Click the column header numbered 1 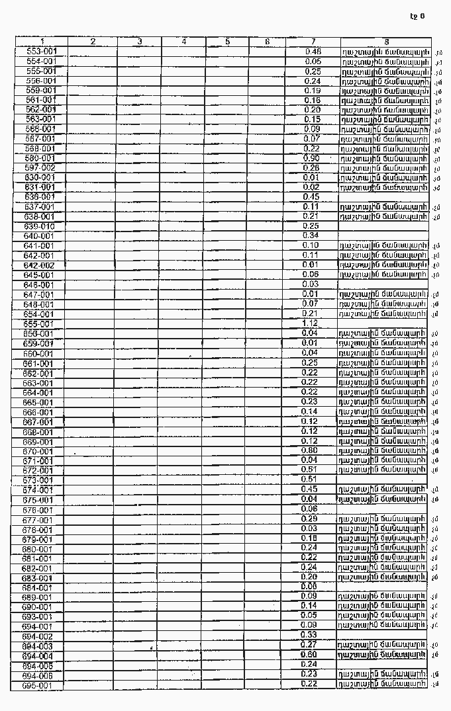(42, 42)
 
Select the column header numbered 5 (227, 42)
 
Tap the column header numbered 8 (386, 42)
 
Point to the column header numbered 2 (93, 42)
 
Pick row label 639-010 (40, 226)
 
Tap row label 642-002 (40, 265)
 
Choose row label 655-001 (39, 324)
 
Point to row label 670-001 (38, 451)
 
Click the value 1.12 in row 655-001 (310, 323)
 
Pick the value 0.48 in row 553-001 (313, 51)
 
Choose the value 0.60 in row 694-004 (309, 654)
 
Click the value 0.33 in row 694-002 (309, 634)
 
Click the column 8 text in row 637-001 (383, 206)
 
